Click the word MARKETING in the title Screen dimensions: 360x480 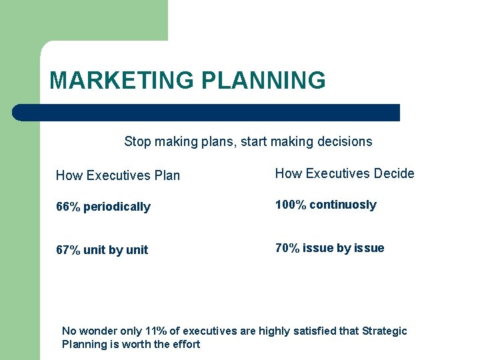[x=122, y=81]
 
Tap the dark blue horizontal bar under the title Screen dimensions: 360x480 [x=207, y=113]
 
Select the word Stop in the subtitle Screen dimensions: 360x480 [x=137, y=141]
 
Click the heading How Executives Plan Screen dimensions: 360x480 [x=118, y=175]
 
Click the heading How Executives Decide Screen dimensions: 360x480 [x=345, y=173]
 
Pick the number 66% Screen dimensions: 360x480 [x=68, y=207]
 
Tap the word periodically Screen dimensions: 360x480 [x=117, y=207]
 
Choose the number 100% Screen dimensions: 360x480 [x=291, y=205]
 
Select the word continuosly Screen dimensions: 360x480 [x=343, y=205]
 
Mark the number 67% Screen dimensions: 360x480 [x=68, y=250]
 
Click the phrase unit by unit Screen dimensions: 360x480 [x=116, y=250]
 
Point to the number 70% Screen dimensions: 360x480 [x=287, y=248]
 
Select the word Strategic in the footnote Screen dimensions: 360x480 [x=385, y=331]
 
